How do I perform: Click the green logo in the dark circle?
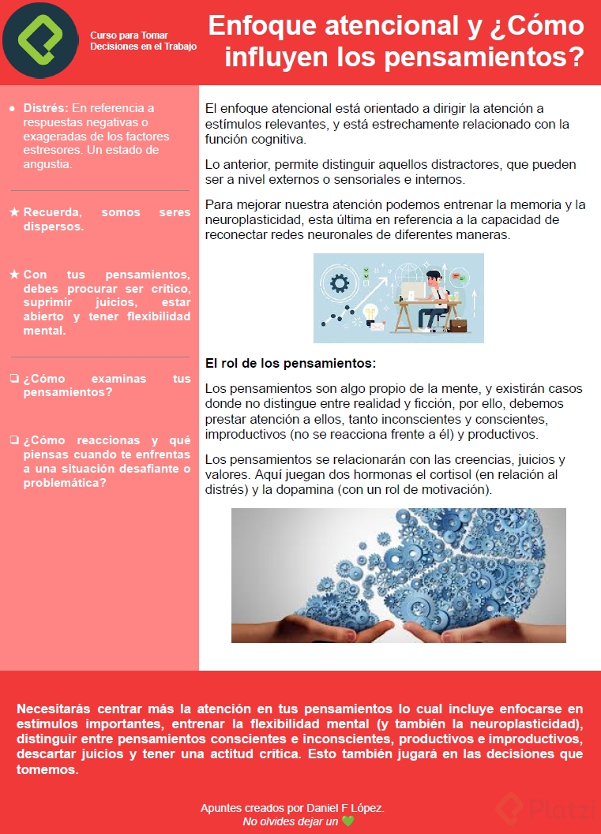pyautogui.click(x=39, y=40)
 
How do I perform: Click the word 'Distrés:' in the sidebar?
pyautogui.click(x=46, y=108)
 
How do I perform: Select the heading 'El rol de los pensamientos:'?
pyautogui.click(x=290, y=364)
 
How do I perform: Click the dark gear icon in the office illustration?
pyautogui.click(x=340, y=282)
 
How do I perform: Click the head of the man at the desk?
pyautogui.click(x=434, y=279)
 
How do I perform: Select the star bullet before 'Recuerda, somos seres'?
pyautogui.click(x=14, y=212)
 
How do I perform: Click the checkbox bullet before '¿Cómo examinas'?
pyautogui.click(x=14, y=379)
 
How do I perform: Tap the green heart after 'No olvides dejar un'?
pyautogui.click(x=348, y=821)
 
